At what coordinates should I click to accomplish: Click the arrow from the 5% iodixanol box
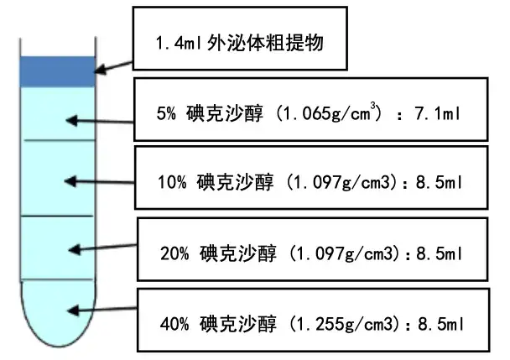click(101, 122)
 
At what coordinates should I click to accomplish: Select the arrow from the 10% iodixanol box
click(101, 181)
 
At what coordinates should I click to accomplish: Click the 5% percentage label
click(167, 113)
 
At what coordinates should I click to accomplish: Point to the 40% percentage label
click(173, 321)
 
